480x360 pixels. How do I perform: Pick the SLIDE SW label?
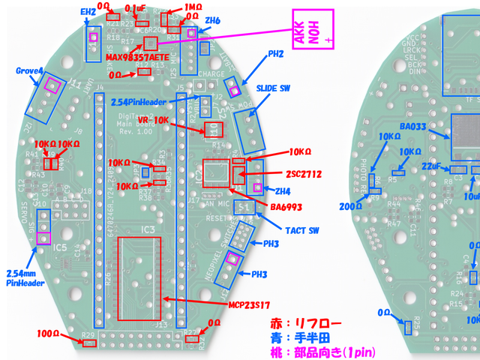(273, 88)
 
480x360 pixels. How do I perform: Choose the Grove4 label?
(28, 71)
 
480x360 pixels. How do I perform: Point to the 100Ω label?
(48, 332)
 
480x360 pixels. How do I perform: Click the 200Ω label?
(350, 206)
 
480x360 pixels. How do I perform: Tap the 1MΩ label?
(192, 6)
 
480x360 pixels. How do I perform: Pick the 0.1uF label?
(136, 7)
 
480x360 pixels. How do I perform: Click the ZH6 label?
(212, 21)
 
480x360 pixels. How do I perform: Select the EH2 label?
(88, 12)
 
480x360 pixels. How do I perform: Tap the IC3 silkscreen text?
(148, 228)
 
